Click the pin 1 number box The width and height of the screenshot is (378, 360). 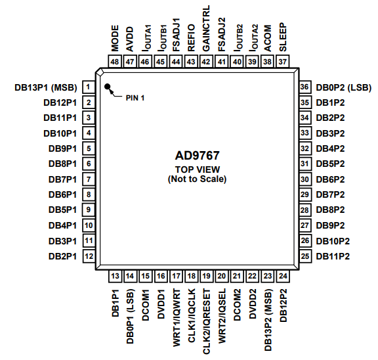coord(87,87)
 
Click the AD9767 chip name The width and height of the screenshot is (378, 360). coord(197,156)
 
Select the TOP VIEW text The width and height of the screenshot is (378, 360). coord(197,169)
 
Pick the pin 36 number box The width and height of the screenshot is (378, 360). coord(304,87)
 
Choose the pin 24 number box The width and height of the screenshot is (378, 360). coord(283,276)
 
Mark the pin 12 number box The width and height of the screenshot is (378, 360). coord(87,256)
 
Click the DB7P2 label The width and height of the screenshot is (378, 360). coord(332,194)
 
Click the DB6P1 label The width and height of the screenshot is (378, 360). coord(62,194)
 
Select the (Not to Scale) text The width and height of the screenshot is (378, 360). coord(197,179)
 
